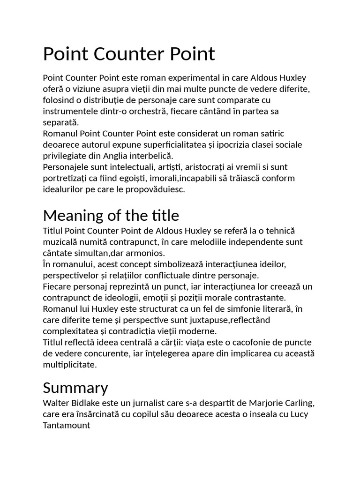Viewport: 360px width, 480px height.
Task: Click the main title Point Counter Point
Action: (x=129, y=54)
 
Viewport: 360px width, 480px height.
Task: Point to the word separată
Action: (x=60, y=123)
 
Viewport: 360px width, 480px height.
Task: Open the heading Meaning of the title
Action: (x=111, y=216)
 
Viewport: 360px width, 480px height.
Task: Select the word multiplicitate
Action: (x=70, y=365)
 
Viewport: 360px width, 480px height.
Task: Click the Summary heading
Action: (x=75, y=388)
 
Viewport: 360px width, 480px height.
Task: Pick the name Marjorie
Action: (x=263, y=403)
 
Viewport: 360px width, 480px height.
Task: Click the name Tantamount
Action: (x=67, y=426)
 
